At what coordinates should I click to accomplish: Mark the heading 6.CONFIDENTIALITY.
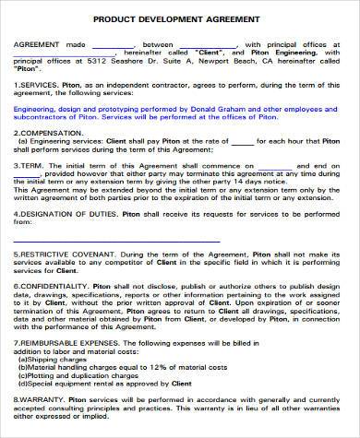53,286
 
